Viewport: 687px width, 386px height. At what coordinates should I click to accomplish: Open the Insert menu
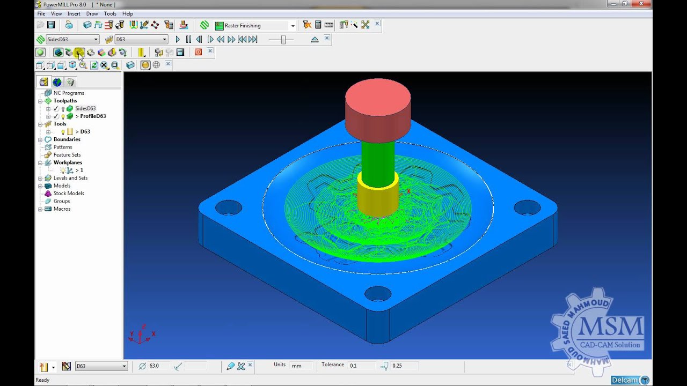tap(74, 13)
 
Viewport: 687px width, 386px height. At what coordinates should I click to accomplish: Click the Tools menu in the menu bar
tap(109, 13)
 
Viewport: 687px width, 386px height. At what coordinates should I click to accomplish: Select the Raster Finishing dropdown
tap(255, 25)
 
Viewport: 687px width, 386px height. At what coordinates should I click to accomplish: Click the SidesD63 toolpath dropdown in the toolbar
tap(72, 39)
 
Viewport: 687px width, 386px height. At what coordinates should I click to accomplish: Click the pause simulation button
tap(188, 39)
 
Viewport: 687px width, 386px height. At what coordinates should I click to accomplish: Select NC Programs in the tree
tap(69, 93)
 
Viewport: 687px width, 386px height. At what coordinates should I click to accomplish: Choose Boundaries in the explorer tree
tap(67, 139)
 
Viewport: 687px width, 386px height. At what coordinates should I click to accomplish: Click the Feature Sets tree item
tap(67, 155)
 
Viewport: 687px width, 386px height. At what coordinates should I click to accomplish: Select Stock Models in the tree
tap(69, 194)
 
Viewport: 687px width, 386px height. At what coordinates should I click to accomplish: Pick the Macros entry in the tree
tap(62, 209)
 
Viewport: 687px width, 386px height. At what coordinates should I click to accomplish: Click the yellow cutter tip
tap(378, 198)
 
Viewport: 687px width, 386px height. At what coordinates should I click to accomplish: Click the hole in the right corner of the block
tap(527, 207)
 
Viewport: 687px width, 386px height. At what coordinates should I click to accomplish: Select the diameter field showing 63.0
tap(158, 366)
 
